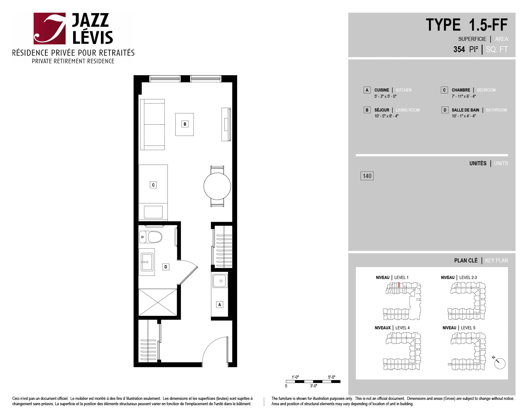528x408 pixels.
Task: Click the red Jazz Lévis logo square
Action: point(50,28)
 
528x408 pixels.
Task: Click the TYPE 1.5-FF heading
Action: point(466,25)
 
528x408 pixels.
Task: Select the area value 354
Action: point(459,49)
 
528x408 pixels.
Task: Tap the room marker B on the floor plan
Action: point(185,124)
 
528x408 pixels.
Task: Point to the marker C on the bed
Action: point(153,185)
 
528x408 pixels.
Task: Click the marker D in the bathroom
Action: point(166,267)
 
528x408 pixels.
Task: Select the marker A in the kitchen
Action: point(220,305)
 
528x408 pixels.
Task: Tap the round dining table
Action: point(217,186)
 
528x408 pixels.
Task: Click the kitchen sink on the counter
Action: point(220,281)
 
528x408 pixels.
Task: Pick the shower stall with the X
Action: point(157,302)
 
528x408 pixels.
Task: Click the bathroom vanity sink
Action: point(147,262)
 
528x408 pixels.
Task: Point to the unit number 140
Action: point(367,176)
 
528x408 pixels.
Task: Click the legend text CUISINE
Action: point(381,90)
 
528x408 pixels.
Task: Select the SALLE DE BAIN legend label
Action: point(465,110)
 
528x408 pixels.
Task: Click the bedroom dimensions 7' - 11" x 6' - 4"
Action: point(464,96)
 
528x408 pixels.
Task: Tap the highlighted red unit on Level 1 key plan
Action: point(399,285)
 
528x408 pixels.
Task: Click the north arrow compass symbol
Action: point(499,363)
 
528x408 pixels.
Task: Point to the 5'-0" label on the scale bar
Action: point(331,377)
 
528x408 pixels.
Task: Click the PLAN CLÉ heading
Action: point(466,261)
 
